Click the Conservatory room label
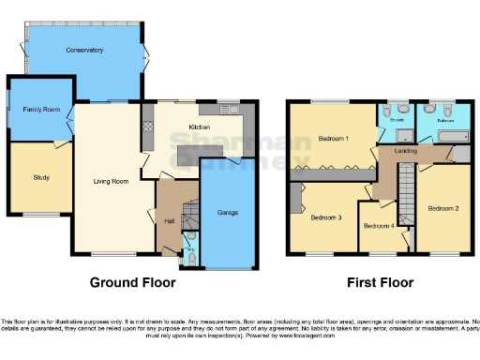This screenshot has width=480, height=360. (84, 49)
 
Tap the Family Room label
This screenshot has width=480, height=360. (36, 110)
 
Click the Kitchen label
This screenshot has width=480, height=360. (199, 126)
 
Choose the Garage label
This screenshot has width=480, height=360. (227, 213)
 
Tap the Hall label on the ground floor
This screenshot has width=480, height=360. (169, 220)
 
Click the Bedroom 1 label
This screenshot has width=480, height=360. (333, 139)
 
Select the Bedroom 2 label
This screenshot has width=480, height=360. (442, 206)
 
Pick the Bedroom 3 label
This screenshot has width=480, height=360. (326, 217)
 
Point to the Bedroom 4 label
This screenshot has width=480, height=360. (379, 226)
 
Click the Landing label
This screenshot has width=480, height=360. (406, 150)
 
